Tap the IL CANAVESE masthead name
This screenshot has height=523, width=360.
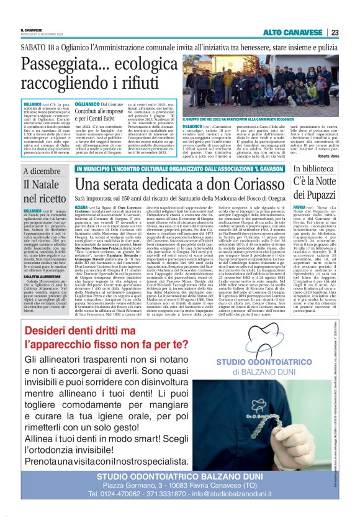(x=32, y=29)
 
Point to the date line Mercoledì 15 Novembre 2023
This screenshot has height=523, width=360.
(x=40, y=34)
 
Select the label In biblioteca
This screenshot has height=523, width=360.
(x=315, y=169)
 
